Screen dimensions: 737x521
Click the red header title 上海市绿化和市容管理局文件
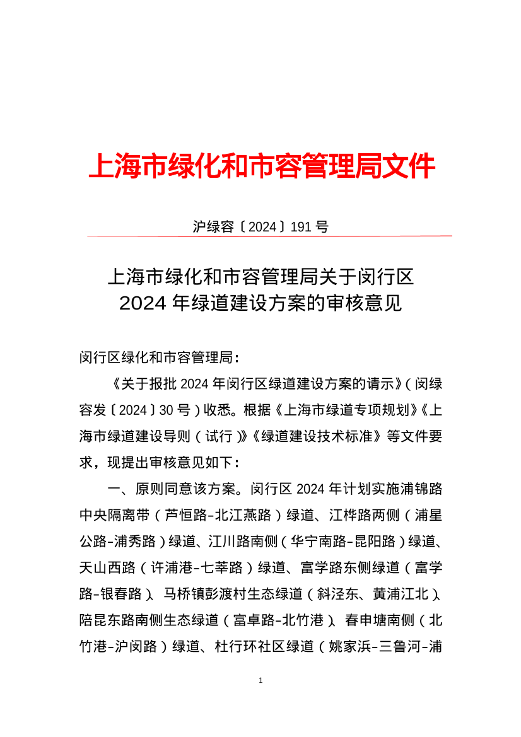point(260,166)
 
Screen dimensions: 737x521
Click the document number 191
point(301,227)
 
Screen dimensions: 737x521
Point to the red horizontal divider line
point(269,236)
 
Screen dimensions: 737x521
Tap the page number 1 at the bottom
point(260,680)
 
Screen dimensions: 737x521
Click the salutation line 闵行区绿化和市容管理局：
point(160,358)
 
